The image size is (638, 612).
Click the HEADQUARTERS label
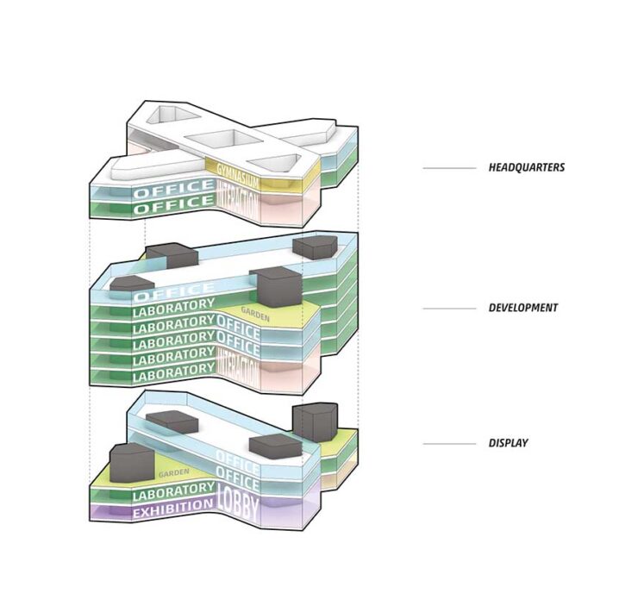526,167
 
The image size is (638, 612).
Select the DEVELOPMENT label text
522,308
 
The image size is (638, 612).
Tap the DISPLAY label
508,443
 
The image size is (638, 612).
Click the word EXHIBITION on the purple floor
172,513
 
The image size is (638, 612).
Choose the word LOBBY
237,502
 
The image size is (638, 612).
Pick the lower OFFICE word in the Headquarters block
172,207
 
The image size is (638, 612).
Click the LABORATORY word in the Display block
172,495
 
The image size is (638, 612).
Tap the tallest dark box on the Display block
313,422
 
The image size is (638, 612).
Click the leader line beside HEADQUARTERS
448,168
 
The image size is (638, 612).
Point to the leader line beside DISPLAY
448,444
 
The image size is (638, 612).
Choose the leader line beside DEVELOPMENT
448,308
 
